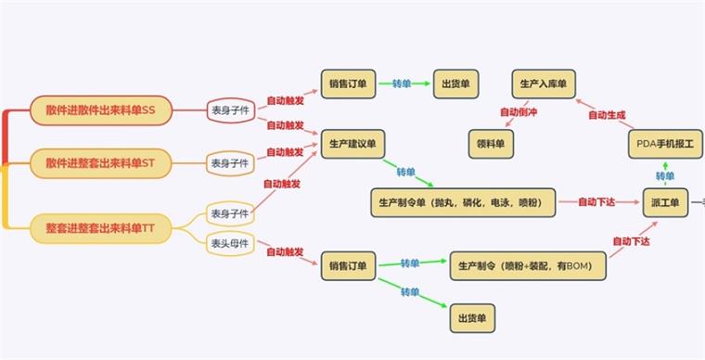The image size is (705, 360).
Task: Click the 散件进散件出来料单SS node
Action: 101,110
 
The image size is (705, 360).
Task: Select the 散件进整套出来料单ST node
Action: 101,163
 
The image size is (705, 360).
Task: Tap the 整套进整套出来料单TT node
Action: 101,229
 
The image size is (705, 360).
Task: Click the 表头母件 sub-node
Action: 230,244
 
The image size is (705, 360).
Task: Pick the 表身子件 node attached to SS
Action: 231,110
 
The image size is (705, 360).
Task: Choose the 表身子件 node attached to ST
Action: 230,163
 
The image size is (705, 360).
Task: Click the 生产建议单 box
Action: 352,144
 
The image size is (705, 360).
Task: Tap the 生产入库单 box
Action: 544,84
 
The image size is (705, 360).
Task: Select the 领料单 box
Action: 491,144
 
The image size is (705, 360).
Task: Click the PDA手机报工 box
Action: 665,144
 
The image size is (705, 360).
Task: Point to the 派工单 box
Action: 665,202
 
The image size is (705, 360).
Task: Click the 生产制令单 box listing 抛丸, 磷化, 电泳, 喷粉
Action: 463,202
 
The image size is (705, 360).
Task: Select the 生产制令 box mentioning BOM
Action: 528,266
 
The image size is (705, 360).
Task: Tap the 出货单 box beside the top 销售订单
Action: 455,84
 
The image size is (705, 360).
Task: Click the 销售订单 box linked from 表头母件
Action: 348,266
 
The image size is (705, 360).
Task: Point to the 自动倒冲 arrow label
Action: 519,112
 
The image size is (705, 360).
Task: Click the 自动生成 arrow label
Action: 607,115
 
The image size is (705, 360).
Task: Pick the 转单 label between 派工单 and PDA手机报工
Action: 665,176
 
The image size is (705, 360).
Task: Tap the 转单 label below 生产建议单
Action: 406,173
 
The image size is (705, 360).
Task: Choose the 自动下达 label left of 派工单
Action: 596,202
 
